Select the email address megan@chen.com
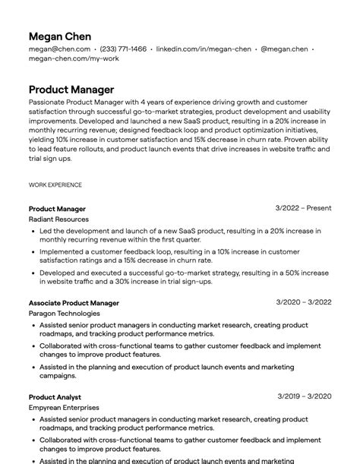click(60, 49)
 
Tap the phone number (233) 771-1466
click(124, 49)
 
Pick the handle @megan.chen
click(284, 49)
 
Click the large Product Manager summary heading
click(71, 90)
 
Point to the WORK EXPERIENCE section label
click(55, 185)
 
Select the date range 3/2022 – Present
click(303, 208)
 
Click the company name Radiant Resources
click(58, 219)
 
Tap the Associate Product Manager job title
click(74, 303)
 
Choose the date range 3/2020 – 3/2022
click(304, 302)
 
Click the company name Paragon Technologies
click(65, 314)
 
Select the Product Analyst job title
click(55, 397)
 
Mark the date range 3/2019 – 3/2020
click(304, 396)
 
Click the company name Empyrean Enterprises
click(64, 408)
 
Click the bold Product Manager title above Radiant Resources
click(57, 209)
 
